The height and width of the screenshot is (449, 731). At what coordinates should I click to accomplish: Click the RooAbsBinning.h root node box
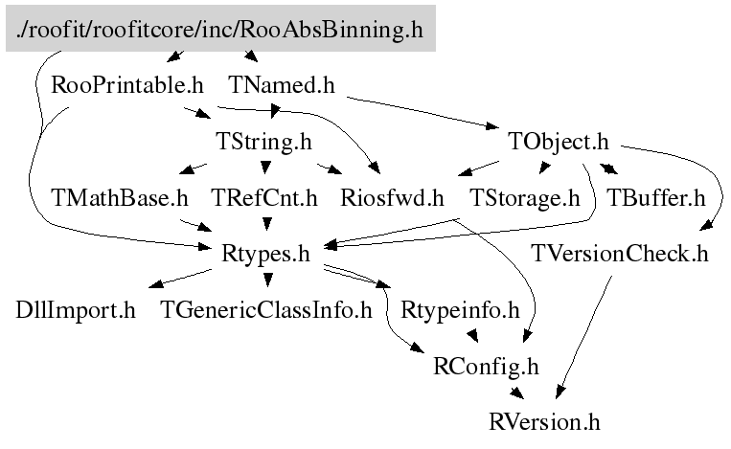220,29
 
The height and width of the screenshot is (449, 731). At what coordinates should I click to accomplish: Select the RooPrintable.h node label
127,85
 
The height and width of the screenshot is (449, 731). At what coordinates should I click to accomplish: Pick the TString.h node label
265,143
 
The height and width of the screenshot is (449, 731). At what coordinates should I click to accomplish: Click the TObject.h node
559,143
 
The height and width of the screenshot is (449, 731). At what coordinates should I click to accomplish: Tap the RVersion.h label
544,421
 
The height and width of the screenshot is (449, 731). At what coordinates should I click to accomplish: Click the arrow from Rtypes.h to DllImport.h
182,279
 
